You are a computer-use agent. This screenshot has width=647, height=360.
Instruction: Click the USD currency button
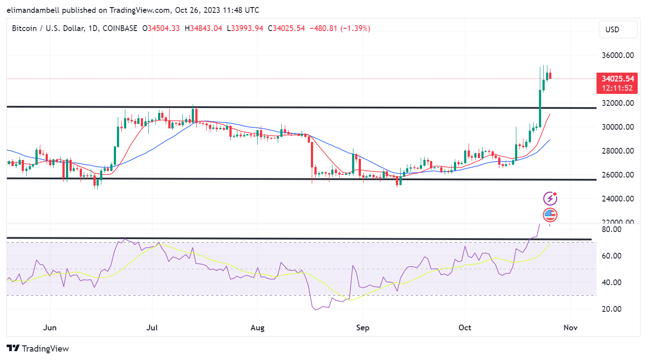pos(618,30)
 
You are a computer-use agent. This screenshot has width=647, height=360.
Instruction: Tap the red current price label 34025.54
pos(617,79)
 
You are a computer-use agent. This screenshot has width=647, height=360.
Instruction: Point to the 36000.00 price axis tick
pos(617,55)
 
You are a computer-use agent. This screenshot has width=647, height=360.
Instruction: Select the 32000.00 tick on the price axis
pos(617,103)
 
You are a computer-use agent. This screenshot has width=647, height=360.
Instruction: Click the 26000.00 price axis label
pos(617,175)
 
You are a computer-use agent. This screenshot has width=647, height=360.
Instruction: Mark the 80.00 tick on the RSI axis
pos(612,229)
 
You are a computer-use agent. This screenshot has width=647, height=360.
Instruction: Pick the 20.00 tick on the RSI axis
pos(612,309)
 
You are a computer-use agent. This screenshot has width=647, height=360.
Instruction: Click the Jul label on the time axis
pos(152,328)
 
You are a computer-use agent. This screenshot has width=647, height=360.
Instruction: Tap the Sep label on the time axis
pos(363,328)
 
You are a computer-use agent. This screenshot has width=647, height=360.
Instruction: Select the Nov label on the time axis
pos(570,328)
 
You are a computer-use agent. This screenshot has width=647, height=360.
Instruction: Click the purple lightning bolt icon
pos(550,198)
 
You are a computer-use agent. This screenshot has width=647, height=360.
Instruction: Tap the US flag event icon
pos(550,215)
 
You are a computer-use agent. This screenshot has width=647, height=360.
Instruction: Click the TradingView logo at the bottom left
pos(38,348)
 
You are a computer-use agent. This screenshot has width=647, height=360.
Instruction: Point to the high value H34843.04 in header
pos(203,28)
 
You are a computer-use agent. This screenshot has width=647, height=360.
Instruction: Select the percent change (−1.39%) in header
pos(355,28)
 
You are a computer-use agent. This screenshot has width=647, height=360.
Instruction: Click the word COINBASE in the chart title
pos(120,28)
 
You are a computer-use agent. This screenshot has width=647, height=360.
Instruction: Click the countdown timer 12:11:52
pos(617,88)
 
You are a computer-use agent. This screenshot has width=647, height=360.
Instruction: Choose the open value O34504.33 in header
pos(161,28)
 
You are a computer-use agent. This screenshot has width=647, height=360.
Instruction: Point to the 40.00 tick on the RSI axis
pos(612,283)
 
